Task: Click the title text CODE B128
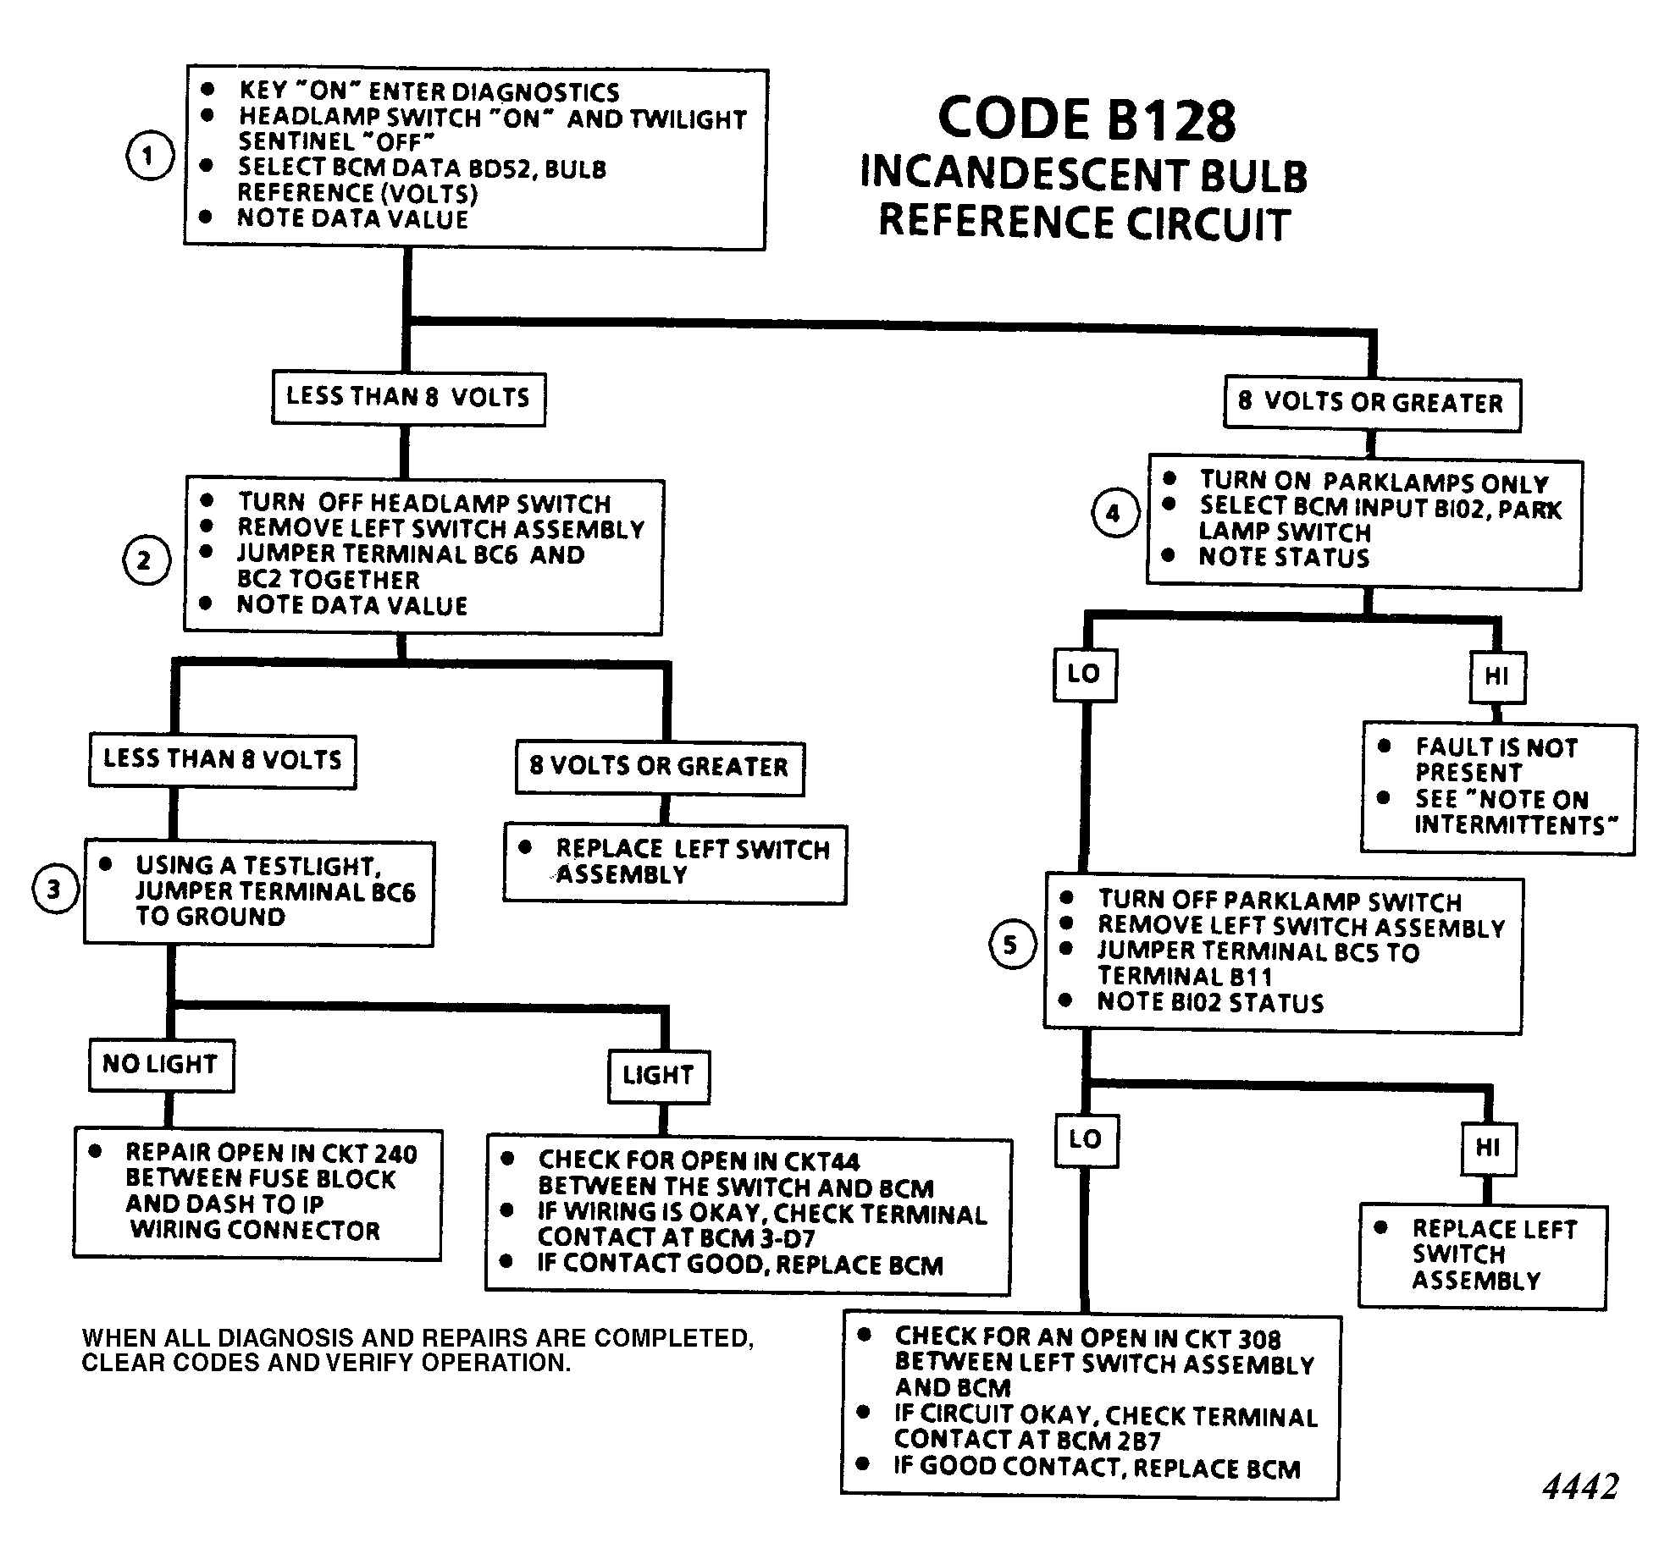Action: point(1087,119)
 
